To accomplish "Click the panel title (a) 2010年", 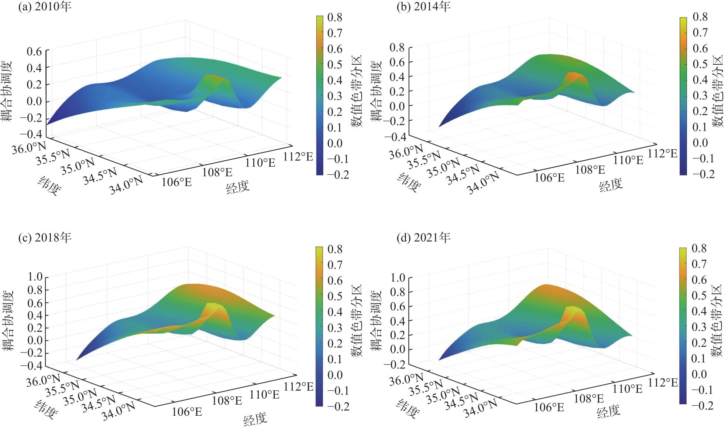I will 45,7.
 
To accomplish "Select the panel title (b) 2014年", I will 423,7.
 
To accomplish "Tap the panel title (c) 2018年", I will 45,238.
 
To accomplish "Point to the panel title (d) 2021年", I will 423,238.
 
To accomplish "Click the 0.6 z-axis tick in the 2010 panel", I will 34,51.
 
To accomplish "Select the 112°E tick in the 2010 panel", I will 298,157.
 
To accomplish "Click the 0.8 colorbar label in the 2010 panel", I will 334,17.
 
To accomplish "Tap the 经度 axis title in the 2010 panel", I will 238,187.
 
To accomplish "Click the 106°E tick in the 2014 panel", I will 550,178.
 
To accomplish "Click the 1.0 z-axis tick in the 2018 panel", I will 35,277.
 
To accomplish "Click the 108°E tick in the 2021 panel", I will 588,399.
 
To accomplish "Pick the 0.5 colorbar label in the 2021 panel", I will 699,296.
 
